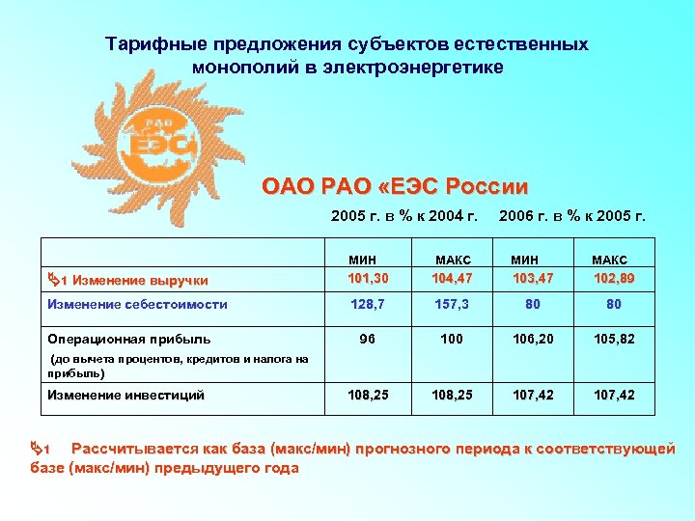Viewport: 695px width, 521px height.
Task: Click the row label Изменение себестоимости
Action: (137, 304)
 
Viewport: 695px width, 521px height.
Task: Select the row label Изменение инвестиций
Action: (125, 395)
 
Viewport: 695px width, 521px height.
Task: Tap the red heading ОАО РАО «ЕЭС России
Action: (395, 186)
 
